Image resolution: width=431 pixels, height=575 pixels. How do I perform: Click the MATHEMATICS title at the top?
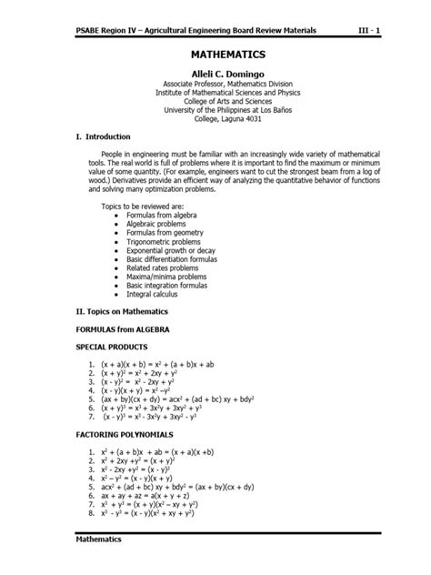(215, 54)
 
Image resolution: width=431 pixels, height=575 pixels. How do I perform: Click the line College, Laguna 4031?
(215, 118)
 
